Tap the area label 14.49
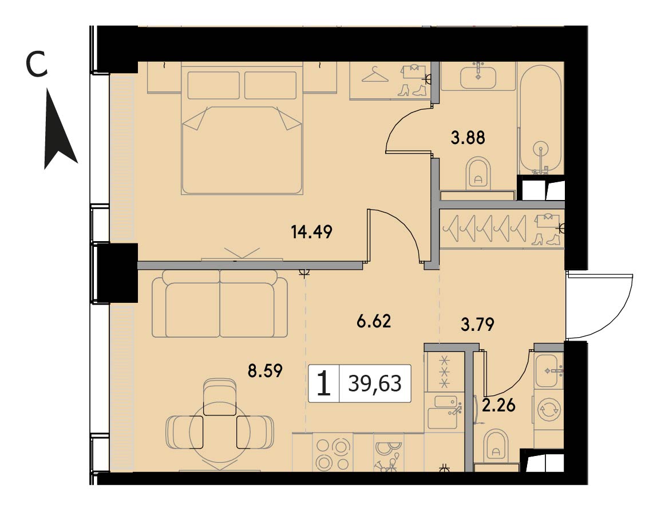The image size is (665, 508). [312, 231]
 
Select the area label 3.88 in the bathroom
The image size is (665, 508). [468, 138]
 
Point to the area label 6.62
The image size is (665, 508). [374, 321]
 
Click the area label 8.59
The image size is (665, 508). [265, 371]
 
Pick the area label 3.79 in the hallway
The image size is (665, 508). [477, 325]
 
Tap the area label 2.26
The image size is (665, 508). [499, 406]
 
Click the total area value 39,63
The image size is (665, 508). [375, 383]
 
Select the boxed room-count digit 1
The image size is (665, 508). [324, 383]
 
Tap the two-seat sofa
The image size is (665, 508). [220, 305]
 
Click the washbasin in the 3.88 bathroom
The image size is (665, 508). [478, 76]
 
